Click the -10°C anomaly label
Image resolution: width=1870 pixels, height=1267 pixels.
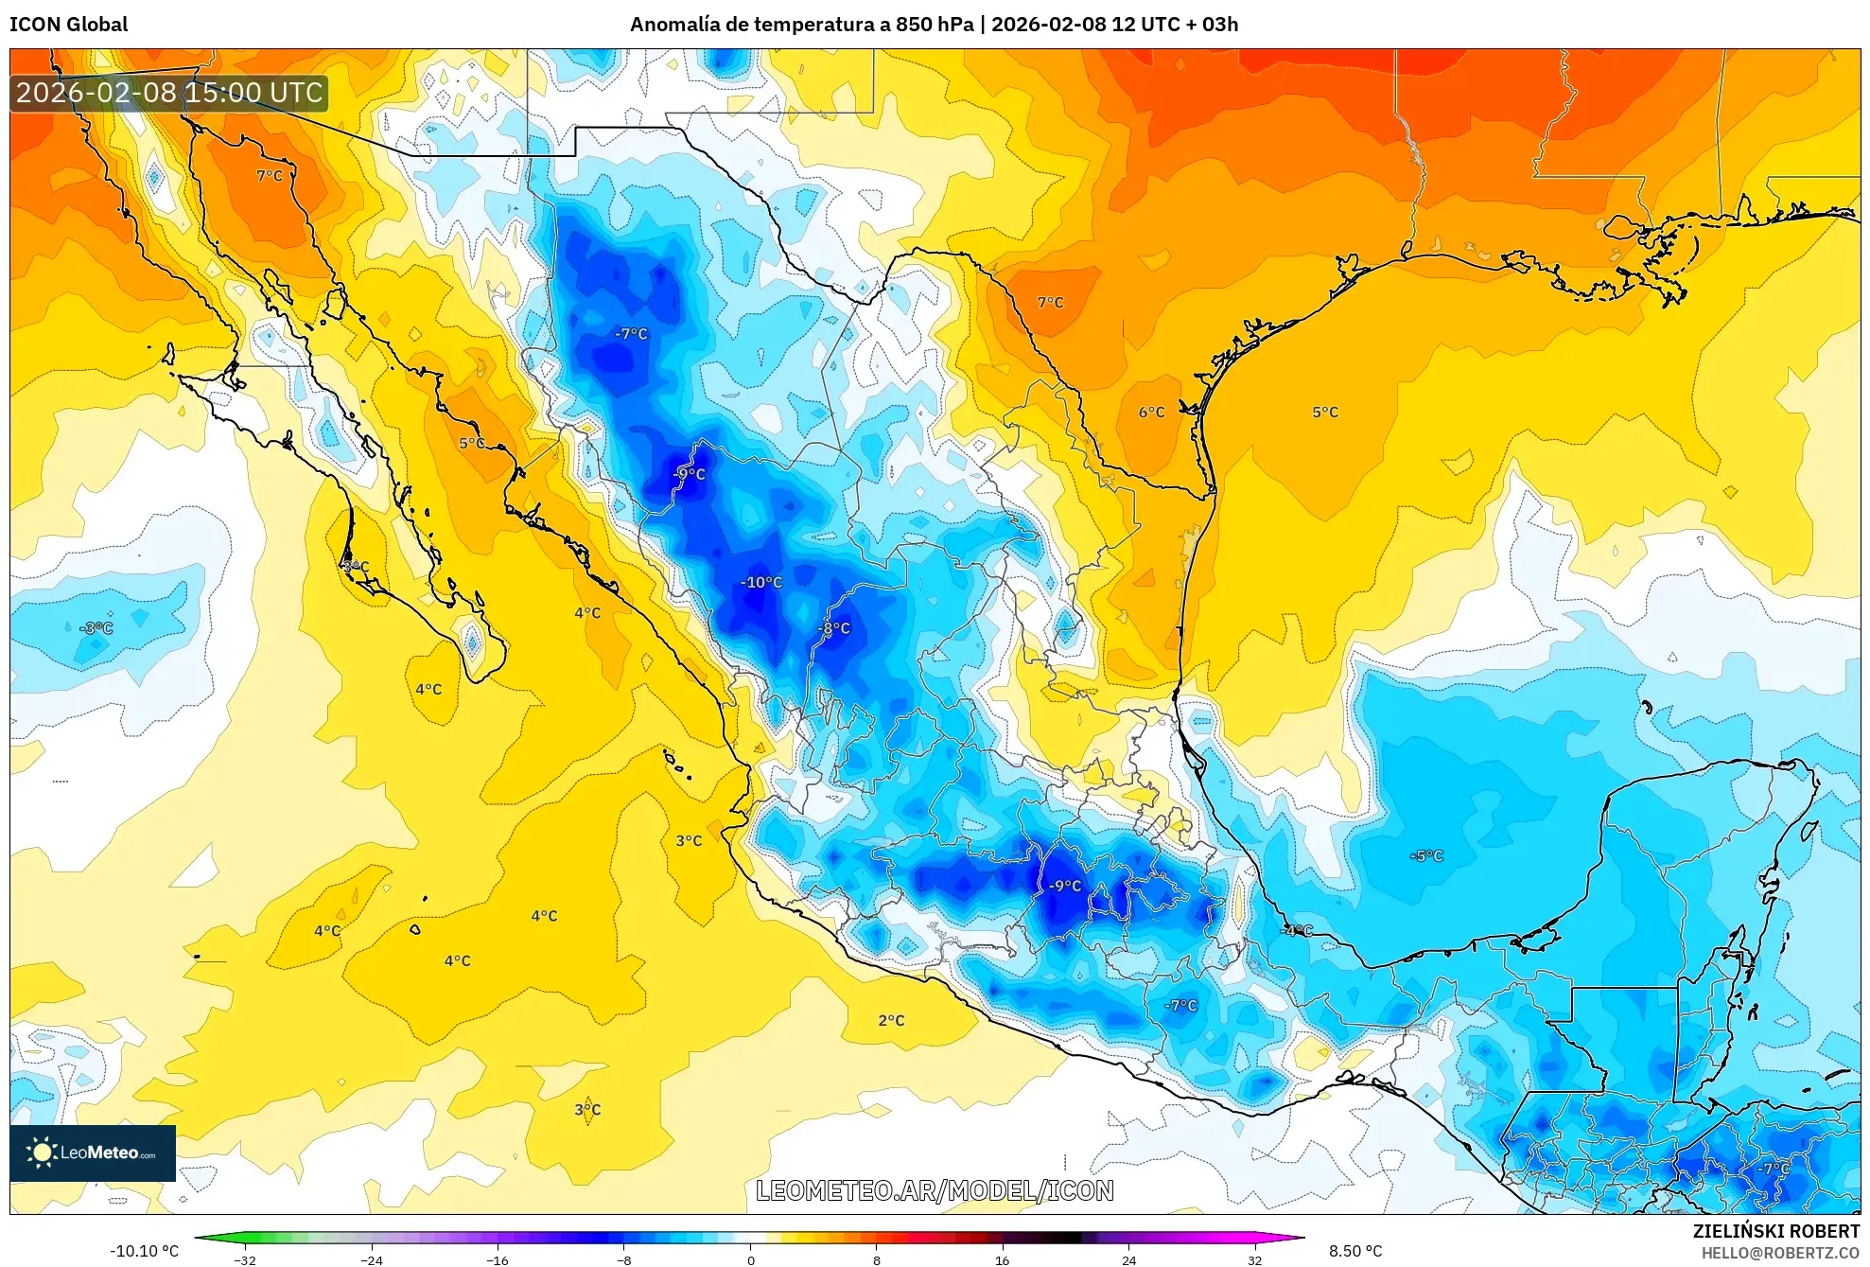(x=760, y=582)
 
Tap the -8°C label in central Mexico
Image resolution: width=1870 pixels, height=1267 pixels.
(x=833, y=628)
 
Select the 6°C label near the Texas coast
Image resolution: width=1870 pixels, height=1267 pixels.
(x=1151, y=412)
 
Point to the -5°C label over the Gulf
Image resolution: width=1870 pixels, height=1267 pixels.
(x=1426, y=855)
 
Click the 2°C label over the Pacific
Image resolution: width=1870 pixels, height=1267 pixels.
(x=891, y=1020)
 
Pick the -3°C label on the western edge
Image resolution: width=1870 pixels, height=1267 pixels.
(x=96, y=628)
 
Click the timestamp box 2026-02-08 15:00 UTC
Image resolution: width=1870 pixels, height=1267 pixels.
(x=169, y=93)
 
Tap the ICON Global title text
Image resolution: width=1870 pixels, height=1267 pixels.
(x=68, y=24)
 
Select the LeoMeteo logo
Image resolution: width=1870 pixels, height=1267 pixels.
(x=93, y=1153)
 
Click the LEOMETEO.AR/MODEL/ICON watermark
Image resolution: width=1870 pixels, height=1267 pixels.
(x=935, y=1190)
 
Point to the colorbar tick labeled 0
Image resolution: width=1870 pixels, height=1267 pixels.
(x=751, y=1259)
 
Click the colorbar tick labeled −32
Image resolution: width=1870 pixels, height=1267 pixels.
(x=245, y=1259)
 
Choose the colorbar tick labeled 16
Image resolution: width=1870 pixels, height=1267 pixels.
(x=1002, y=1259)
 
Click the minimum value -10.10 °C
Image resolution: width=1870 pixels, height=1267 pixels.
(x=144, y=1251)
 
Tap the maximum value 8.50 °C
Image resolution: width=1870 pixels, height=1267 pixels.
(x=1355, y=1251)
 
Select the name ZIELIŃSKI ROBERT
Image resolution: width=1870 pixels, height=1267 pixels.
(x=1775, y=1231)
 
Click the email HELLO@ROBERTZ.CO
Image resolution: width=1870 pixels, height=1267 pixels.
(x=1780, y=1253)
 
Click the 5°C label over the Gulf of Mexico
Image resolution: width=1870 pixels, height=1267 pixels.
(x=1324, y=412)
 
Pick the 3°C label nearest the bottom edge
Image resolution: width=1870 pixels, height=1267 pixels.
(x=587, y=1109)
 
